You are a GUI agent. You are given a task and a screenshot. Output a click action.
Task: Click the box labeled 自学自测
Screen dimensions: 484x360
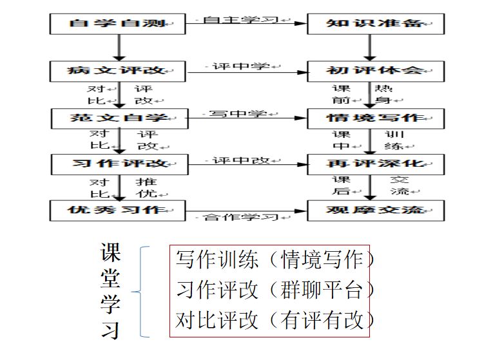click(117, 24)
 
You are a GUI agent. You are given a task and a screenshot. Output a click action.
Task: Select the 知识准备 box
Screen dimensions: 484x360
click(376, 24)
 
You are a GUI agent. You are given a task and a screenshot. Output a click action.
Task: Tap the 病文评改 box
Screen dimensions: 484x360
click(117, 71)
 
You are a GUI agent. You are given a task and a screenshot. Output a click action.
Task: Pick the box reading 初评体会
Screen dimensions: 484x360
click(376, 71)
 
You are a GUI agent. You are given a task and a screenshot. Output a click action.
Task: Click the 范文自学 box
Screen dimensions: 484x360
click(119, 118)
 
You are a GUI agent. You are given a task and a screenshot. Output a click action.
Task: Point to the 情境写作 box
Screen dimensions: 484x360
click(376, 118)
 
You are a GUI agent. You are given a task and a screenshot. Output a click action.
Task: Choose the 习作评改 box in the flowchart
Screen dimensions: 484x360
click(119, 164)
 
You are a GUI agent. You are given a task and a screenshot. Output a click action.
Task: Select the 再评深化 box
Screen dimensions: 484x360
click(376, 164)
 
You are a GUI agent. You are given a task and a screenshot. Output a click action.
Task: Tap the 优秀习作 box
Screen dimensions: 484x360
click(117, 211)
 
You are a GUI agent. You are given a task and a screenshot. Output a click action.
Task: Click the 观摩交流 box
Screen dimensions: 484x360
click(376, 211)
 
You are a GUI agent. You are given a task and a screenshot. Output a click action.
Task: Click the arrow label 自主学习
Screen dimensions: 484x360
click(241, 20)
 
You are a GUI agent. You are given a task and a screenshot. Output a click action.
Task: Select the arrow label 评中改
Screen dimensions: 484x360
click(241, 160)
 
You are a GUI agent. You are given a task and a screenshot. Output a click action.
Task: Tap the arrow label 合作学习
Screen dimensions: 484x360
click(241, 217)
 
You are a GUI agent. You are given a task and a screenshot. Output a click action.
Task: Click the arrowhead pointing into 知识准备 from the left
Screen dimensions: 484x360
click(301, 23)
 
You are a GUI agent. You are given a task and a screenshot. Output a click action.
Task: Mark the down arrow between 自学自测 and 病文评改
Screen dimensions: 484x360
click(119, 48)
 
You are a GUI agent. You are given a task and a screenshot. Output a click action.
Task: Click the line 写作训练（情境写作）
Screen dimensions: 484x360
click(275, 259)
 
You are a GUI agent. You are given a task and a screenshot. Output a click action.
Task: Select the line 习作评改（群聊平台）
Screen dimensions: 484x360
click(275, 289)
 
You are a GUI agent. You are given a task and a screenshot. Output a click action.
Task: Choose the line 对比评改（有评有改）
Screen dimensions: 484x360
click(275, 319)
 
